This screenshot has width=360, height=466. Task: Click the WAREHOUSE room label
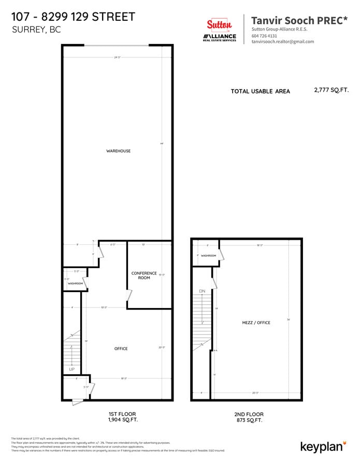(x=118, y=151)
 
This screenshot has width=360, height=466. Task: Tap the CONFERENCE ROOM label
(x=144, y=275)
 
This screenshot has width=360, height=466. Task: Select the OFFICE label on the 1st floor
(x=121, y=348)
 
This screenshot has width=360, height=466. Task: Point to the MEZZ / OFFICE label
(x=256, y=323)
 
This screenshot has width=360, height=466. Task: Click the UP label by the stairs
(x=71, y=369)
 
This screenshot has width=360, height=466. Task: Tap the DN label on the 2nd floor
(x=202, y=291)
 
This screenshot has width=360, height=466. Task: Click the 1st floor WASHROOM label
(x=75, y=283)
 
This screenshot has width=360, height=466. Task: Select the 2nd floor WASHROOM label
(x=208, y=256)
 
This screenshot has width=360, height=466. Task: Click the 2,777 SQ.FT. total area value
(x=331, y=90)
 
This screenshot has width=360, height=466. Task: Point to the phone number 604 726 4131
(x=264, y=36)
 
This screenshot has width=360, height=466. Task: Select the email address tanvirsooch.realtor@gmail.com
(x=282, y=41)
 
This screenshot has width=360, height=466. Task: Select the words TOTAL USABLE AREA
(x=260, y=91)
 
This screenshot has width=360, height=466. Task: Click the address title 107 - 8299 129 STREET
(x=73, y=17)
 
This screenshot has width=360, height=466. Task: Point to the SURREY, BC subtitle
(x=36, y=30)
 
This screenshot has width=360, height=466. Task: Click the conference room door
(x=129, y=295)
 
